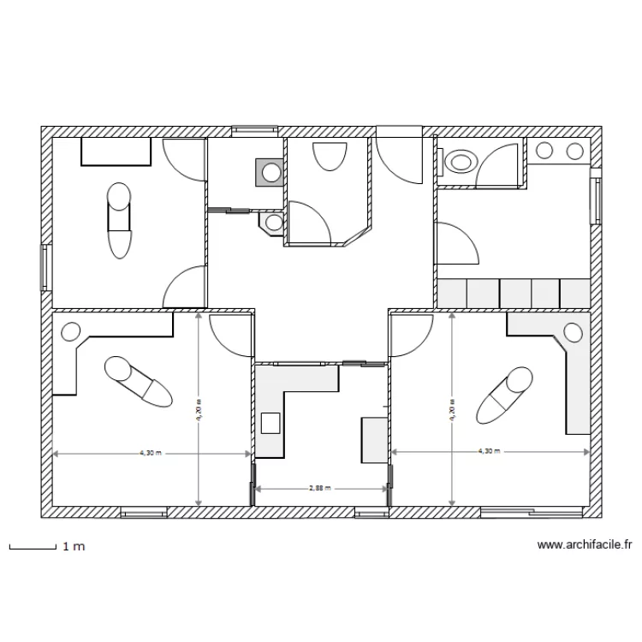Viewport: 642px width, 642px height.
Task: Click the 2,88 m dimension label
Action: point(320,488)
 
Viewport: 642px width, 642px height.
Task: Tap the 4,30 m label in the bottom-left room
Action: point(151,453)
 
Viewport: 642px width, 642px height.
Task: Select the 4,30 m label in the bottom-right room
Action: point(490,451)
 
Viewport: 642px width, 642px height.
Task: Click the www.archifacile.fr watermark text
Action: point(585,544)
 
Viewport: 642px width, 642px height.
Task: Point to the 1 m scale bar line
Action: point(33,548)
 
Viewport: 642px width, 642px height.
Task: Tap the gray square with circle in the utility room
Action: point(270,172)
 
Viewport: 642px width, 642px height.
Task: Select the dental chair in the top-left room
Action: point(119,220)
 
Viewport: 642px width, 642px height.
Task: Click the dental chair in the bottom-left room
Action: point(139,382)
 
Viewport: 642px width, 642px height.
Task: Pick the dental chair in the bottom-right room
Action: point(504,395)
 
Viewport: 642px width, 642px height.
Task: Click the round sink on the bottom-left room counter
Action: point(71,331)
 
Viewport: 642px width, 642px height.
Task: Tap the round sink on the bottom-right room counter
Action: point(573,332)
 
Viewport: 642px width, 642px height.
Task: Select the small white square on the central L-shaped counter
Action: point(270,423)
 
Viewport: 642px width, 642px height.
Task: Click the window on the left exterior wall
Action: point(46,268)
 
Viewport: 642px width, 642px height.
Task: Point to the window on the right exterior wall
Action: point(596,196)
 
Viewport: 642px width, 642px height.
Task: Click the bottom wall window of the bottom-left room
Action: point(144,512)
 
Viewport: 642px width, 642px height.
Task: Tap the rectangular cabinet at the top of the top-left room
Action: point(116,152)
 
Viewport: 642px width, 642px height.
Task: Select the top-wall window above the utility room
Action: point(255,132)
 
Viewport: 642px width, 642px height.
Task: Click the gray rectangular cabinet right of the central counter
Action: point(374,440)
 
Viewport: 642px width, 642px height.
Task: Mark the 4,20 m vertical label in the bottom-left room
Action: point(199,410)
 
